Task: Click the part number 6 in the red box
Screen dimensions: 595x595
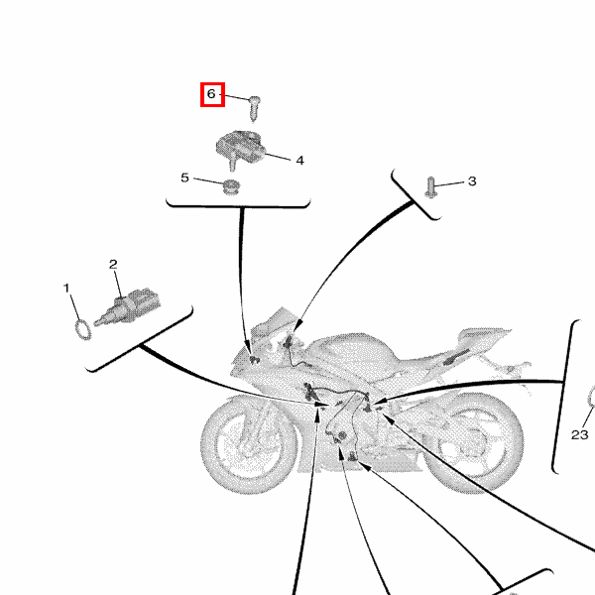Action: [x=211, y=94]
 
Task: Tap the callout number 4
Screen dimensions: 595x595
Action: [x=299, y=161]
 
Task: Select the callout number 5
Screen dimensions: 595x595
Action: [x=184, y=178]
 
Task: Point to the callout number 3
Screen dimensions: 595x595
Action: [x=472, y=181]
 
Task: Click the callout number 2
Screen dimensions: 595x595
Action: [x=113, y=265]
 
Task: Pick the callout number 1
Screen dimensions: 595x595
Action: [x=66, y=289]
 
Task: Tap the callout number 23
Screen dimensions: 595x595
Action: [x=579, y=435]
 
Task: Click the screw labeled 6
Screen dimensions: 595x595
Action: [x=254, y=108]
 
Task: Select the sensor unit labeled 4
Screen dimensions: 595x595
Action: [x=239, y=148]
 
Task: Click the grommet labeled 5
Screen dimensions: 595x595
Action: [x=229, y=187]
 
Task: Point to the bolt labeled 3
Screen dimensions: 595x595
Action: [x=430, y=187]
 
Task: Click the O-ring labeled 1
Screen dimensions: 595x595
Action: [x=82, y=329]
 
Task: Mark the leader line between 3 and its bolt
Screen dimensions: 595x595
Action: [x=449, y=184]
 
